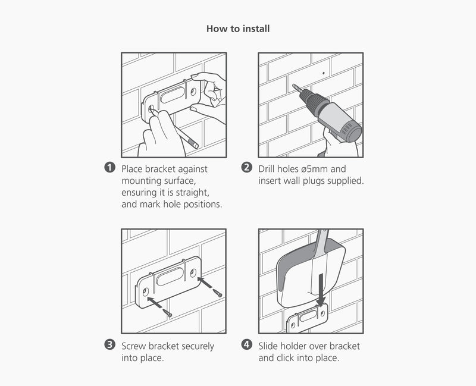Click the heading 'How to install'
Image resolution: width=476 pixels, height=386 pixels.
point(238,29)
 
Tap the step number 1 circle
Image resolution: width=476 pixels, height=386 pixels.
point(109,168)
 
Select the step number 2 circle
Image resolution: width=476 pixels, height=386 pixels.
point(247,168)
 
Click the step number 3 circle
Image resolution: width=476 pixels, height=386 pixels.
point(109,344)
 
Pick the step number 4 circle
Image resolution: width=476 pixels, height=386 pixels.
point(247,344)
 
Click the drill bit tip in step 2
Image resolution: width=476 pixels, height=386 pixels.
point(293,87)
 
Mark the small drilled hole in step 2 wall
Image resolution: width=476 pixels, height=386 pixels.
point(323,74)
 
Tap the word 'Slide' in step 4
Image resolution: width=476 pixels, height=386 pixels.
point(270,346)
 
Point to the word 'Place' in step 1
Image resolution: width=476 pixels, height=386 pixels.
point(134,169)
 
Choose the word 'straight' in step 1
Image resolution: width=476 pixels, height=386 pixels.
point(192,192)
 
